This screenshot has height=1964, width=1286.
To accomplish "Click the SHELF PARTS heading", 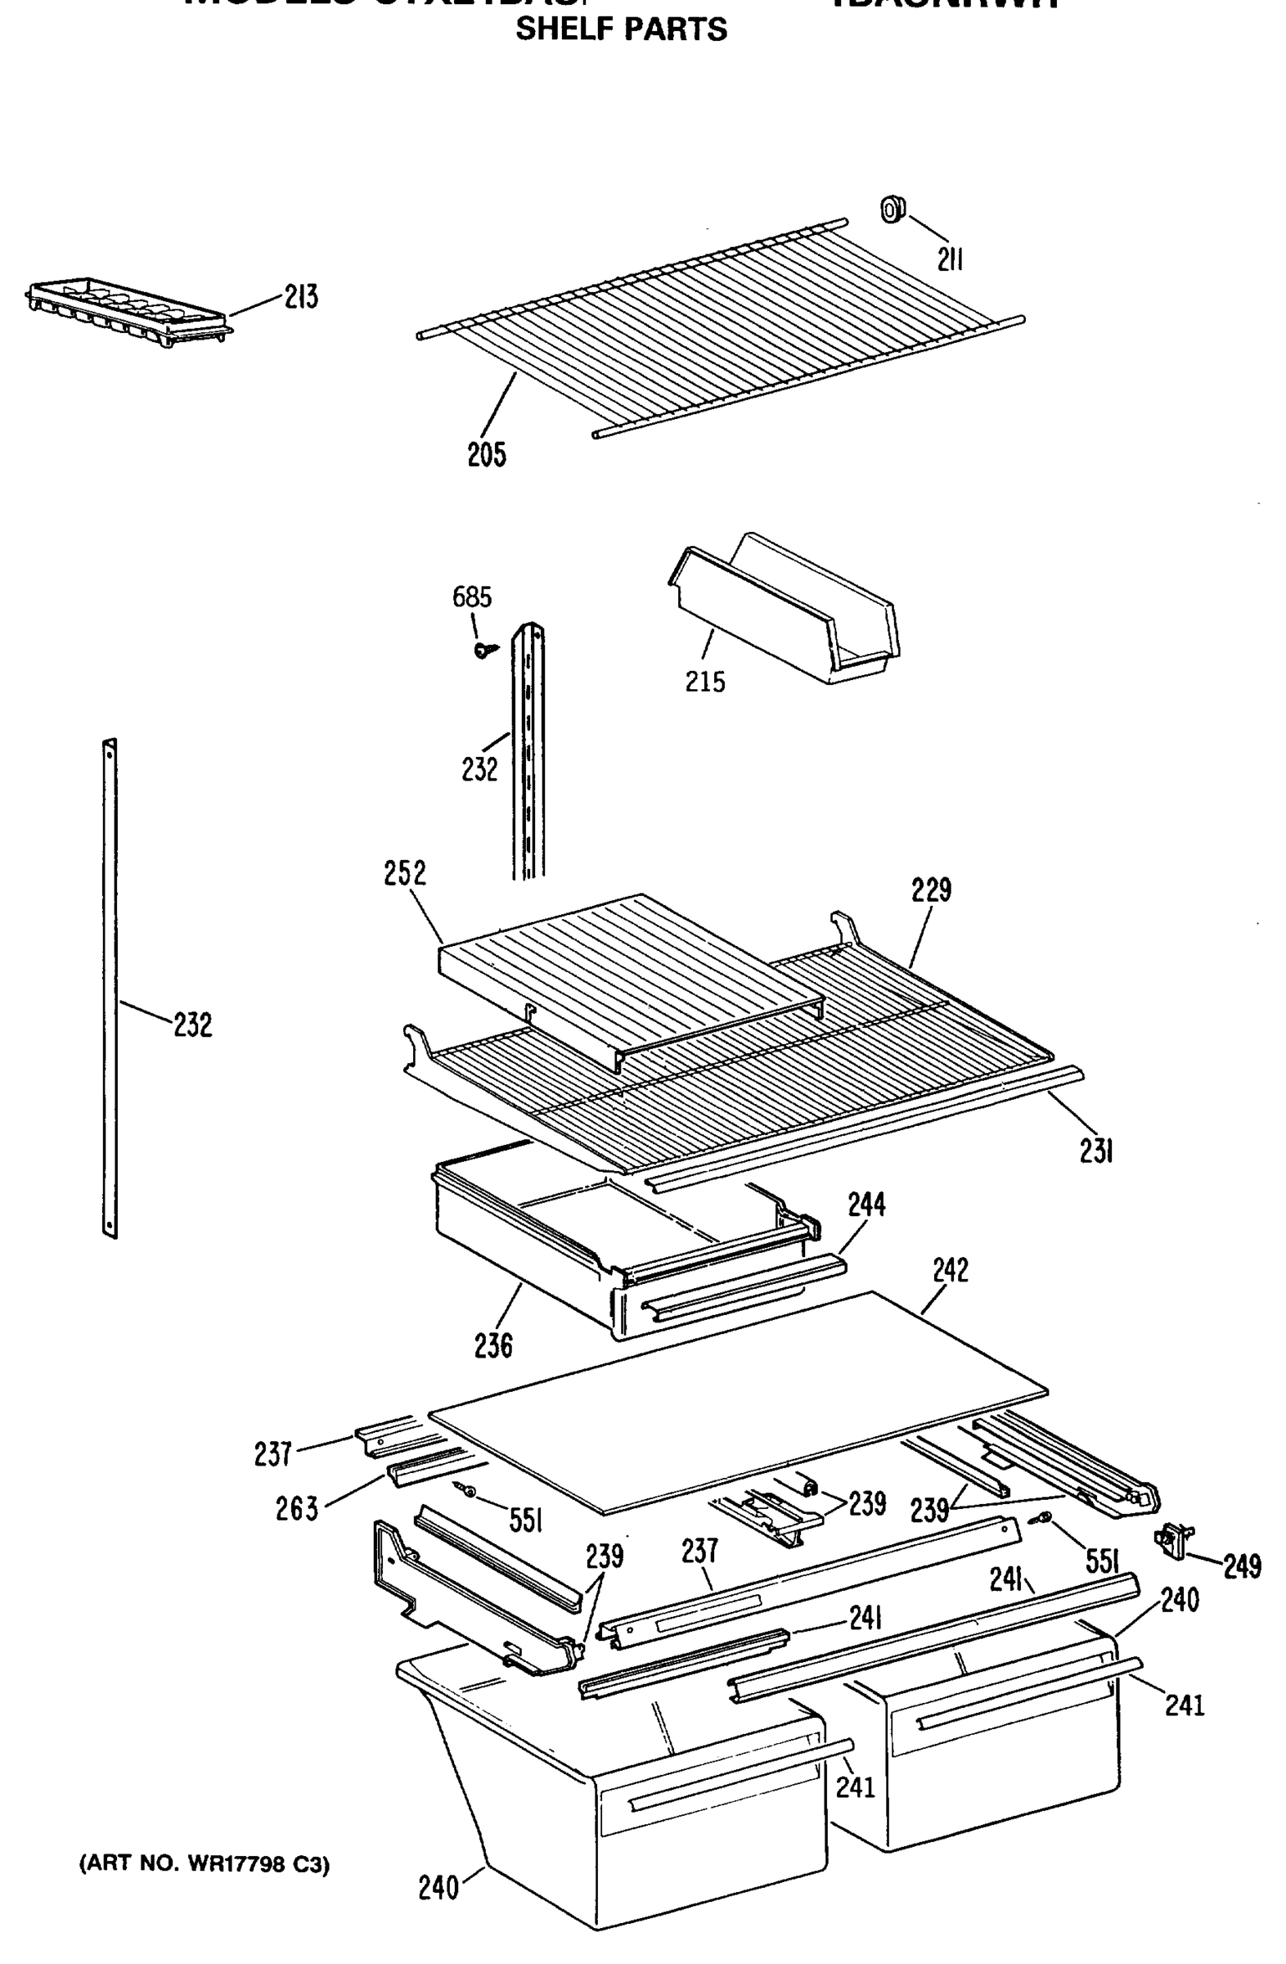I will point(620,29).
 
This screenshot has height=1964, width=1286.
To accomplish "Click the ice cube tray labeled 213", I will point(128,312).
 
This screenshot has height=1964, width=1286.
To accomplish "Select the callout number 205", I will point(487,455).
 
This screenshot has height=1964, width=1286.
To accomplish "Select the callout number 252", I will point(405,873).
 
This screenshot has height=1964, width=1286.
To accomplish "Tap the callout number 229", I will point(930,890).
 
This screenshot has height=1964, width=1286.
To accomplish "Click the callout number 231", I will point(1096,1152).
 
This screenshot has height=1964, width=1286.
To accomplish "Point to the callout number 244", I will point(866,1205).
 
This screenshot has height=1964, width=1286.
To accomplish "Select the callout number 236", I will point(493,1346).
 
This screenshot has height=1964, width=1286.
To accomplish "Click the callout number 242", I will point(951,1270).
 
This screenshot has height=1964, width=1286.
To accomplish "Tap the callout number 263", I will point(297,1509).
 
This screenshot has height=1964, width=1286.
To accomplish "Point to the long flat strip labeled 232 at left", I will point(110,990).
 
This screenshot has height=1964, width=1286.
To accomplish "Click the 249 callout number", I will point(1242,1565).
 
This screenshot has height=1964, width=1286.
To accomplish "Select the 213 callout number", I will point(301,297).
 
